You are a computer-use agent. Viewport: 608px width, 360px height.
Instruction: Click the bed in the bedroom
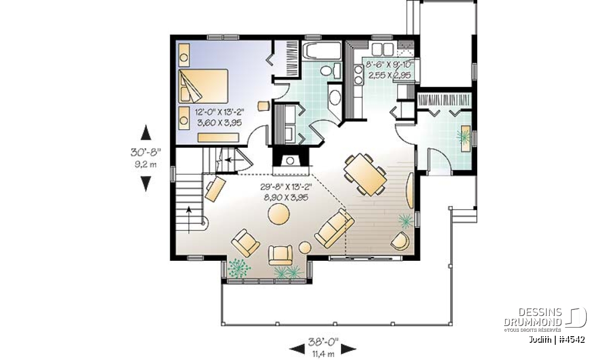tap(203, 86)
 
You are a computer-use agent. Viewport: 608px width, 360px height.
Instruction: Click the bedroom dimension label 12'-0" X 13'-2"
tap(219, 112)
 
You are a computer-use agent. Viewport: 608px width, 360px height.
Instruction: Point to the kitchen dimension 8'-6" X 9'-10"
tap(390, 64)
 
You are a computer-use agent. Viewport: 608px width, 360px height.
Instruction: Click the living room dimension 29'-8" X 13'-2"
tap(286, 187)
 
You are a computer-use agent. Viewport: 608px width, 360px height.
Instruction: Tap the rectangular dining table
tap(365, 174)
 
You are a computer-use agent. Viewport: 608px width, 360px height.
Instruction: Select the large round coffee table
tap(279, 214)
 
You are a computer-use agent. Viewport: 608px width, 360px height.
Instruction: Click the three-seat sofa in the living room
tap(334, 228)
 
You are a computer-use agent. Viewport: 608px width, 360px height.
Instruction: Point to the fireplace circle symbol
tap(290, 161)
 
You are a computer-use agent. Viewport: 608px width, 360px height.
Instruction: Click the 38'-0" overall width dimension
tap(323, 342)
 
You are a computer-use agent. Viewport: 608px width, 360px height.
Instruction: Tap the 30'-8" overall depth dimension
tap(146, 152)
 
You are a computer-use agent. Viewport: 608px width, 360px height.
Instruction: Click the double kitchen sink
tap(383, 50)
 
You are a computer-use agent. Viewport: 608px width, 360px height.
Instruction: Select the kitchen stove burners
tap(358, 74)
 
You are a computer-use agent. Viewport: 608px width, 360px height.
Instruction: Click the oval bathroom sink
tap(335, 98)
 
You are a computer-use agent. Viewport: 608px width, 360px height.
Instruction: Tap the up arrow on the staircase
tap(188, 220)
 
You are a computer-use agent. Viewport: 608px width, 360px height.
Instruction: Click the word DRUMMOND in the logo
tap(533, 322)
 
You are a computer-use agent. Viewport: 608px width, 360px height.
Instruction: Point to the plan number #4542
tap(572, 339)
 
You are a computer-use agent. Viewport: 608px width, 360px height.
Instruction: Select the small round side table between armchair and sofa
tap(305, 248)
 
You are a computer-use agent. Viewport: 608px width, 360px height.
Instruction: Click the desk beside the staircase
tap(215, 189)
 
